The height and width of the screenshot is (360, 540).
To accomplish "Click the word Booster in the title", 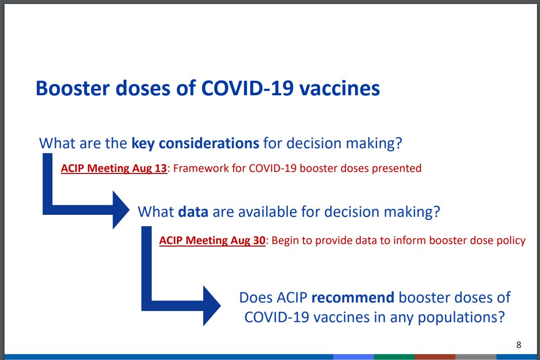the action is (x=73, y=88).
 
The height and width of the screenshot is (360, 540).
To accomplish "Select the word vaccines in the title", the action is (x=339, y=89).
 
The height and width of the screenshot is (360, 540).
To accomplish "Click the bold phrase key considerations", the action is (x=195, y=143).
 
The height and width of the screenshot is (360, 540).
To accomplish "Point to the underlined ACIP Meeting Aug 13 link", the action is (x=114, y=168).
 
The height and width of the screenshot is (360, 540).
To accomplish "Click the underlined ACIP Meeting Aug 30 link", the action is (x=212, y=240).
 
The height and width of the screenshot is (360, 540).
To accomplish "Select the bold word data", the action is (x=193, y=212).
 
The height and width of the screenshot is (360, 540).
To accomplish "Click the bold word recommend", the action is (x=352, y=297).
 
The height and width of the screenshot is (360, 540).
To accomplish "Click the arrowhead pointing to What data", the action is (x=121, y=210).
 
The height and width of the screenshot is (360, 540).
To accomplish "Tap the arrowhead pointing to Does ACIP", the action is (x=211, y=306).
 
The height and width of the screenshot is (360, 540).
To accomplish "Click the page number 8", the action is (x=519, y=345).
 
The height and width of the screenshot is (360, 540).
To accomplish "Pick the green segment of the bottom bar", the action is (x=394, y=357).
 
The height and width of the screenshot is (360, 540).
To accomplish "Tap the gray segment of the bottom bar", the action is (x=475, y=357).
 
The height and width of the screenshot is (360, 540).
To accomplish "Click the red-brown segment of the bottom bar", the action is (x=435, y=357).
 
